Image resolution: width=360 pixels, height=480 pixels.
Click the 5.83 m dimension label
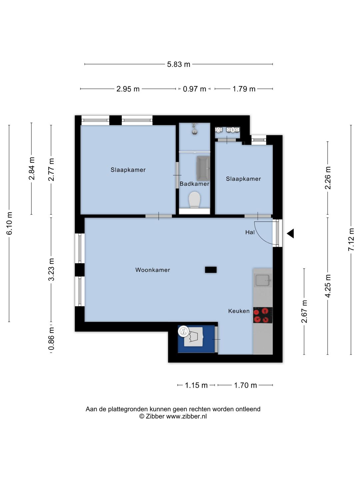click(178, 64)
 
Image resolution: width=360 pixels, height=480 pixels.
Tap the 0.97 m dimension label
click(194, 89)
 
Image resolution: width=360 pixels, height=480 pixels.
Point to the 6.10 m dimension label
click(9, 223)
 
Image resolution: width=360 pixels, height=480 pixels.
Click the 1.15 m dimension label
click(196, 385)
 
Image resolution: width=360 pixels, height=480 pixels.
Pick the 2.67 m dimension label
click(304, 311)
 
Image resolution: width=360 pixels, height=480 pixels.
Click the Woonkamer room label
click(153, 270)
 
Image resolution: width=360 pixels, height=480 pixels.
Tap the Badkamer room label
click(194, 184)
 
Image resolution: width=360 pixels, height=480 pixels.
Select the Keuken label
click(239, 311)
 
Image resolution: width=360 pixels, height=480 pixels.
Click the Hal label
click(250, 232)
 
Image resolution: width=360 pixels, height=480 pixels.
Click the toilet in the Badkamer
click(194, 200)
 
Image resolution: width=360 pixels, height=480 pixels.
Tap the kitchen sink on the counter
click(263, 280)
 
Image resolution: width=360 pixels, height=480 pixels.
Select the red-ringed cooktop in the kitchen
click(263, 315)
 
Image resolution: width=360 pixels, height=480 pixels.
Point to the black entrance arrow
click(290, 234)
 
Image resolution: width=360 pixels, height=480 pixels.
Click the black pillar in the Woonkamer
click(211, 270)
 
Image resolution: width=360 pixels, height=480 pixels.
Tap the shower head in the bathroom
click(194, 129)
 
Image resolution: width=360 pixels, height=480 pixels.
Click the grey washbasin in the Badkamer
click(203, 168)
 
